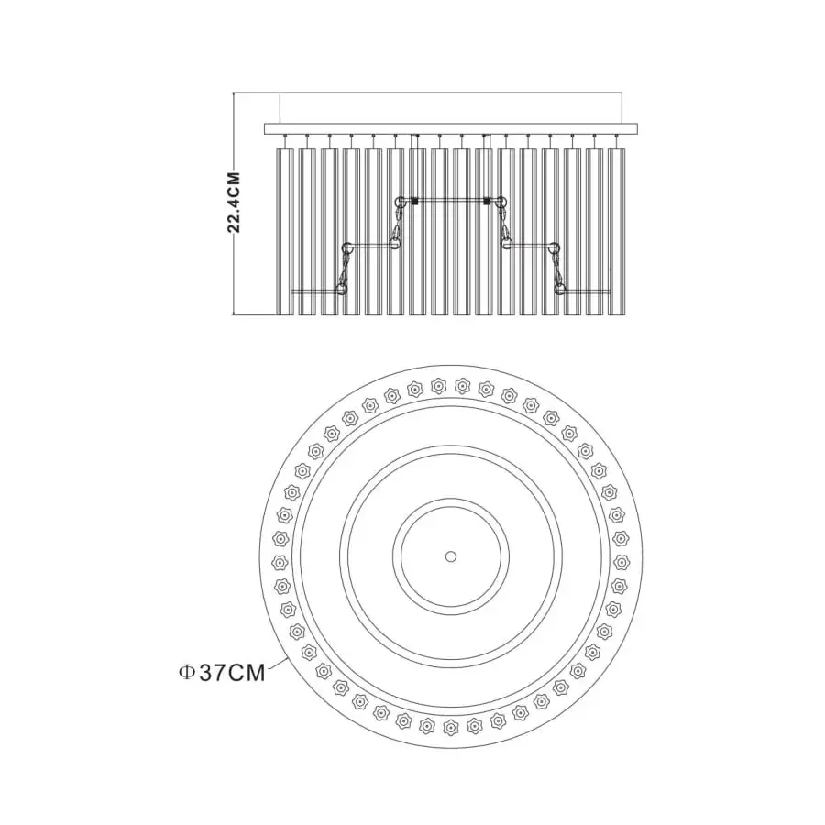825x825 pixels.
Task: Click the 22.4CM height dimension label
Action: coord(234,202)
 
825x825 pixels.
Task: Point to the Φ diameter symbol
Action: coord(187,673)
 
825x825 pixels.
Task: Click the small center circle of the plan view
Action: coord(450,556)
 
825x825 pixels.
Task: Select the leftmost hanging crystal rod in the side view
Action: coord(285,232)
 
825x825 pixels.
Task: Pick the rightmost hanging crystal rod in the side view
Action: coord(616,232)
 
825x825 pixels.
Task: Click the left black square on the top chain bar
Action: coord(414,201)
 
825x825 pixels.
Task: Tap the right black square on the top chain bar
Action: coord(488,201)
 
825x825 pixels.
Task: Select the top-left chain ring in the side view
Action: coord(401,201)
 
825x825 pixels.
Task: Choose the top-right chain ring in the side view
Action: coord(500,201)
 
